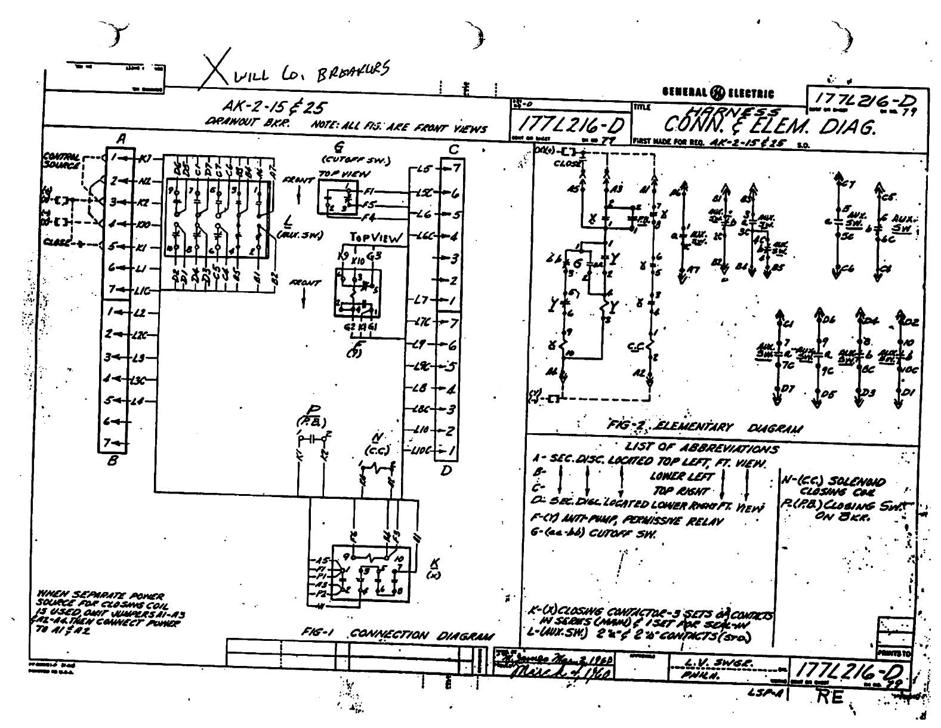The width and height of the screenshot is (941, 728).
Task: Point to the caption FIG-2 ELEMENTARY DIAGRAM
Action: click(704, 427)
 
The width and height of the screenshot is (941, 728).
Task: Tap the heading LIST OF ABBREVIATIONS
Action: click(701, 448)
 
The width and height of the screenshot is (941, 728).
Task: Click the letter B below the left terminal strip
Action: click(113, 461)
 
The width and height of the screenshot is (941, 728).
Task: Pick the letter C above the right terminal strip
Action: click(454, 149)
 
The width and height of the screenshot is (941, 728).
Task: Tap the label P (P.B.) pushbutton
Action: click(313, 414)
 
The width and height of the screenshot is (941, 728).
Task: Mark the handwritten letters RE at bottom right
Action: click(830, 696)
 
